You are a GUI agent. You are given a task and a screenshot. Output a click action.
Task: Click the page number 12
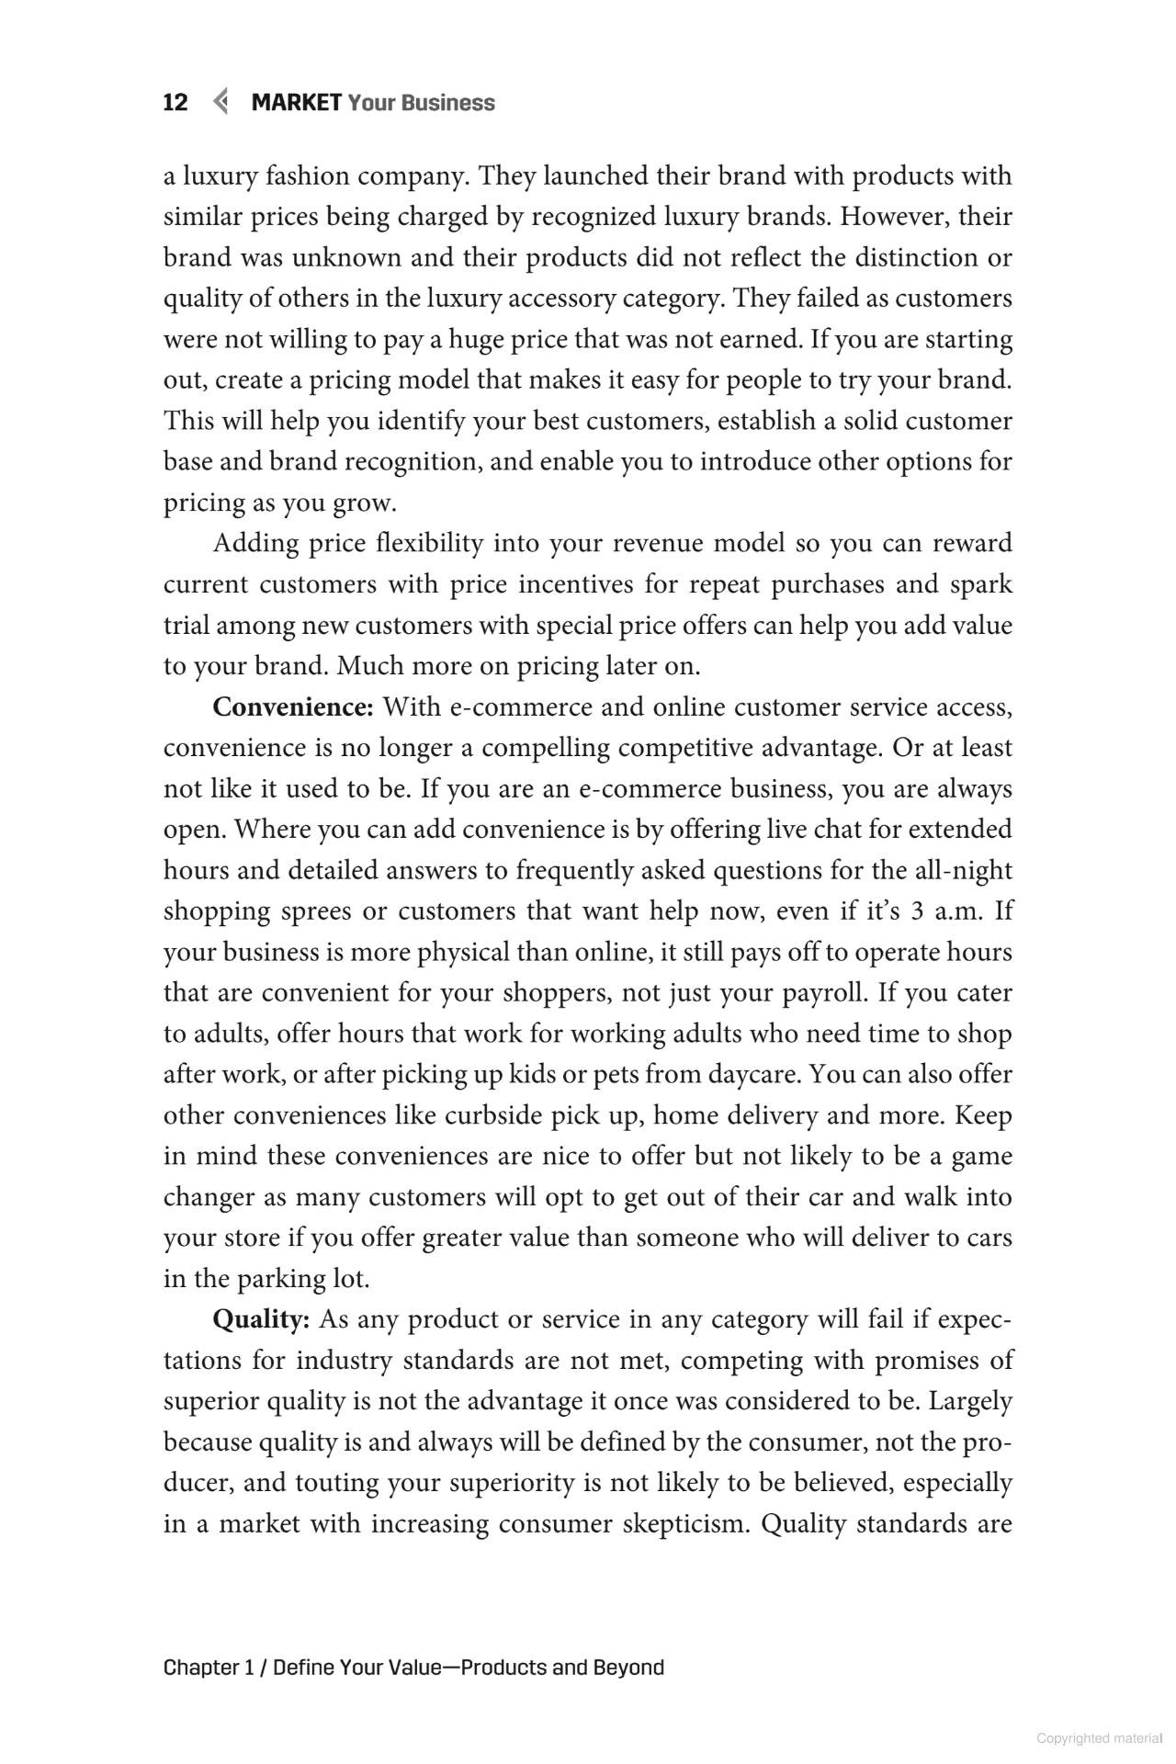click(x=175, y=103)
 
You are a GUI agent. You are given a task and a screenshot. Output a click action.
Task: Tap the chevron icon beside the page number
click(x=220, y=102)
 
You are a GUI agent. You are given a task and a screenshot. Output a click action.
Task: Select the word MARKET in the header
click(x=297, y=103)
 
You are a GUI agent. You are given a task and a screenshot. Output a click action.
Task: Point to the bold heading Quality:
click(x=261, y=1319)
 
